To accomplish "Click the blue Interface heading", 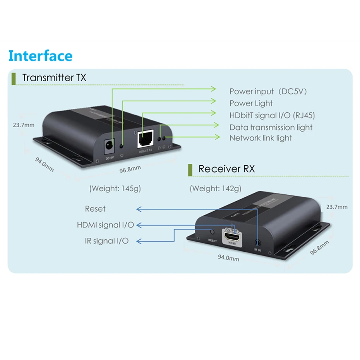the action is (x=40, y=56).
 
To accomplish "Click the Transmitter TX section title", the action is (x=54, y=77).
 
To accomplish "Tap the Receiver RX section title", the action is (x=226, y=169).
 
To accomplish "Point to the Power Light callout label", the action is (x=251, y=103).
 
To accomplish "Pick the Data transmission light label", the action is (x=271, y=127).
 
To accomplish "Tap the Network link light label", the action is (x=261, y=138).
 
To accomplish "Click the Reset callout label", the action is (x=95, y=209).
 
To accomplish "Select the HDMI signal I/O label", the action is (x=105, y=225).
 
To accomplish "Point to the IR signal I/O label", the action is (x=106, y=241).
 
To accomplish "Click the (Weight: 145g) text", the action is (x=115, y=189).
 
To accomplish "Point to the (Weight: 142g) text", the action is (x=215, y=189).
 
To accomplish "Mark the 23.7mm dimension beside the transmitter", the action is (x=23, y=125).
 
